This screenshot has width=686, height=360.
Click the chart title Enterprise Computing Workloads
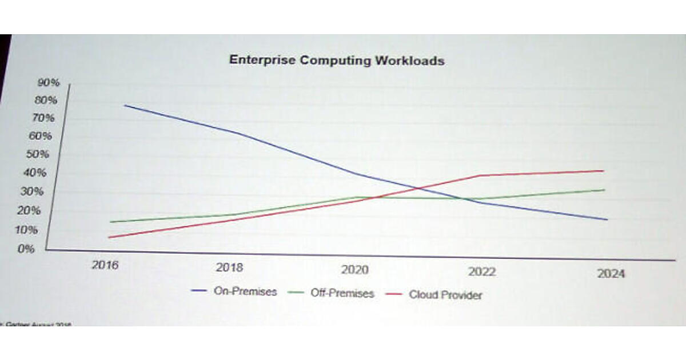(336, 60)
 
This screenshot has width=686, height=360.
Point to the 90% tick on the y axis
(49, 82)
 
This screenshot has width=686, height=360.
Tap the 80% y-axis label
(46, 100)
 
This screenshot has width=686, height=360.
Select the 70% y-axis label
(44, 118)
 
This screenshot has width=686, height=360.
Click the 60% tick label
(41, 136)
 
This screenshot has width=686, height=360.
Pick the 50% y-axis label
(39, 154)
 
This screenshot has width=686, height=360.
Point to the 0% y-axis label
(26, 249)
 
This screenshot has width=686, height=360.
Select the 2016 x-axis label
(105, 265)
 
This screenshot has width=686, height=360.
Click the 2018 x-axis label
(229, 267)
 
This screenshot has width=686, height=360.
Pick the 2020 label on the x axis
(355, 270)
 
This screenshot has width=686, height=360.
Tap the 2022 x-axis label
(481, 271)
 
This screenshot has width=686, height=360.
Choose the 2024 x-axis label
(611, 274)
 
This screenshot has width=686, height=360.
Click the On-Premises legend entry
(245, 291)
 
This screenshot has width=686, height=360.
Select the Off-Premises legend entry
(342, 293)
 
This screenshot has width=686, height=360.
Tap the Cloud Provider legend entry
(445, 295)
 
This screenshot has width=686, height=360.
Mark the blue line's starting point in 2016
(124, 105)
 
